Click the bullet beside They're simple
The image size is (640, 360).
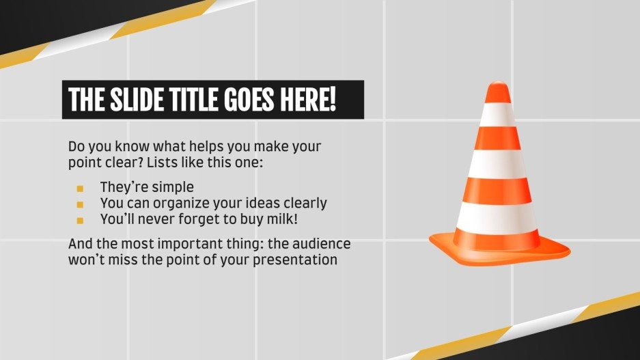point(80,188)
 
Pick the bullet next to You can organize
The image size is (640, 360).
point(80,204)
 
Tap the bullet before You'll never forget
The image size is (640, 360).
point(80,221)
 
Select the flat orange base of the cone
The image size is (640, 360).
point(499,247)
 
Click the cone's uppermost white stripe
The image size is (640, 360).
point(499,113)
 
